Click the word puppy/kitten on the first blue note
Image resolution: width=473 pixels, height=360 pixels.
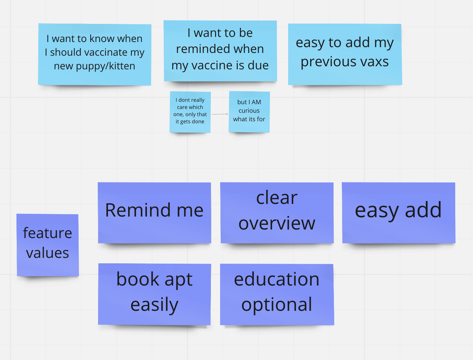click(x=106, y=66)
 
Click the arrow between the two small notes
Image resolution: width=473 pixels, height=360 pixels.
click(x=220, y=114)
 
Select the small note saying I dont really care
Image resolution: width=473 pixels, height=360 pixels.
click(x=190, y=112)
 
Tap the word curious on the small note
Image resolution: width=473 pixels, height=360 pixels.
click(x=249, y=110)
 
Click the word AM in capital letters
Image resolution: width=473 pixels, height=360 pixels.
click(x=256, y=102)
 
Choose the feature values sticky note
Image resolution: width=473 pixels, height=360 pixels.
click(x=48, y=245)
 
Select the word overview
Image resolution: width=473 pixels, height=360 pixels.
click(x=277, y=223)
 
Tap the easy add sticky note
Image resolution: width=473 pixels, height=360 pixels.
click(x=398, y=213)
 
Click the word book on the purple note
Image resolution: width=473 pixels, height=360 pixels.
click(x=138, y=279)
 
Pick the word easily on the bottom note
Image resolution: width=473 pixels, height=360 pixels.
click(x=154, y=305)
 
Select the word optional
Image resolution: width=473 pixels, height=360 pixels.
click(x=277, y=305)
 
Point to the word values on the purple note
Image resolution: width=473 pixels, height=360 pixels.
click(x=48, y=253)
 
